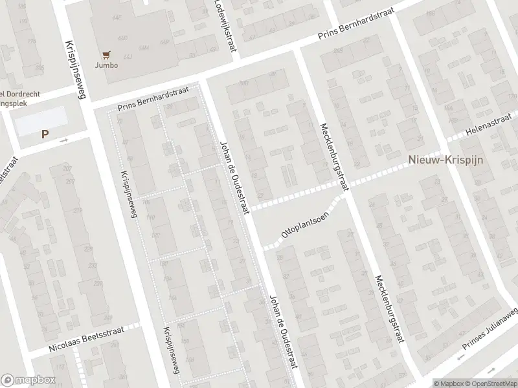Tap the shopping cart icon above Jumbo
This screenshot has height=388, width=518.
107,55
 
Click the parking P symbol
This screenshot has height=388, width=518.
45,135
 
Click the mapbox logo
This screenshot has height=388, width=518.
28,380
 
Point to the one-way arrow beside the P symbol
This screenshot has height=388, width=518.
63,139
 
